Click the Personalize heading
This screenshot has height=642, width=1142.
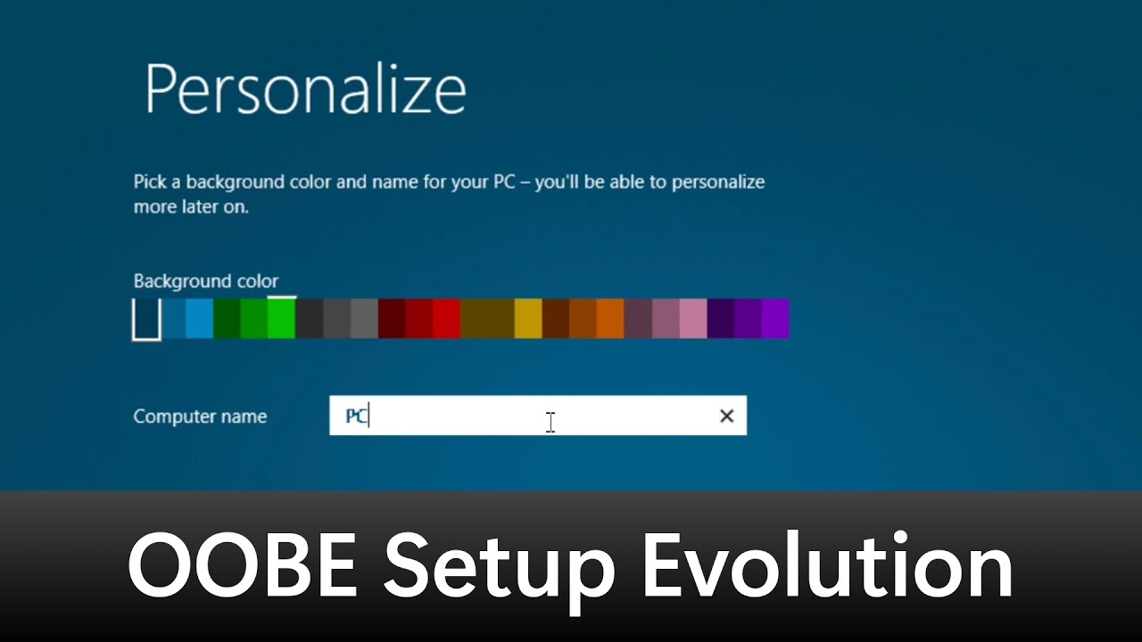coord(305,89)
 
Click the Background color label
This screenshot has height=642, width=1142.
coord(205,282)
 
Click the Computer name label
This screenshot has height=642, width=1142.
coord(200,416)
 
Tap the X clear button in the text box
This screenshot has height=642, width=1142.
coord(726,416)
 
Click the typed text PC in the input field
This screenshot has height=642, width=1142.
coord(356,416)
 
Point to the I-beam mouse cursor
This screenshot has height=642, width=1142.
coord(550,422)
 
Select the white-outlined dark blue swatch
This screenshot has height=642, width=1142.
coord(146,319)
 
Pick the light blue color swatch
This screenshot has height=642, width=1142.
coord(200,319)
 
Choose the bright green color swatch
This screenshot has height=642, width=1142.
coord(281,319)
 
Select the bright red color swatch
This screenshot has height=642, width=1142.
coord(446,319)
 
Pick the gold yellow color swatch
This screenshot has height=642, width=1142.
coord(528,319)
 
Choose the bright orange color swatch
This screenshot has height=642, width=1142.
coord(610,319)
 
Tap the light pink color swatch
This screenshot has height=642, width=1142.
coord(693,319)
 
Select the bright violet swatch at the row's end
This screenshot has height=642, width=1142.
coord(775,319)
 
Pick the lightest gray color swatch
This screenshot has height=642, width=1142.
coord(364,319)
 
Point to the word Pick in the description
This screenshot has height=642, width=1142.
coord(149,183)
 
